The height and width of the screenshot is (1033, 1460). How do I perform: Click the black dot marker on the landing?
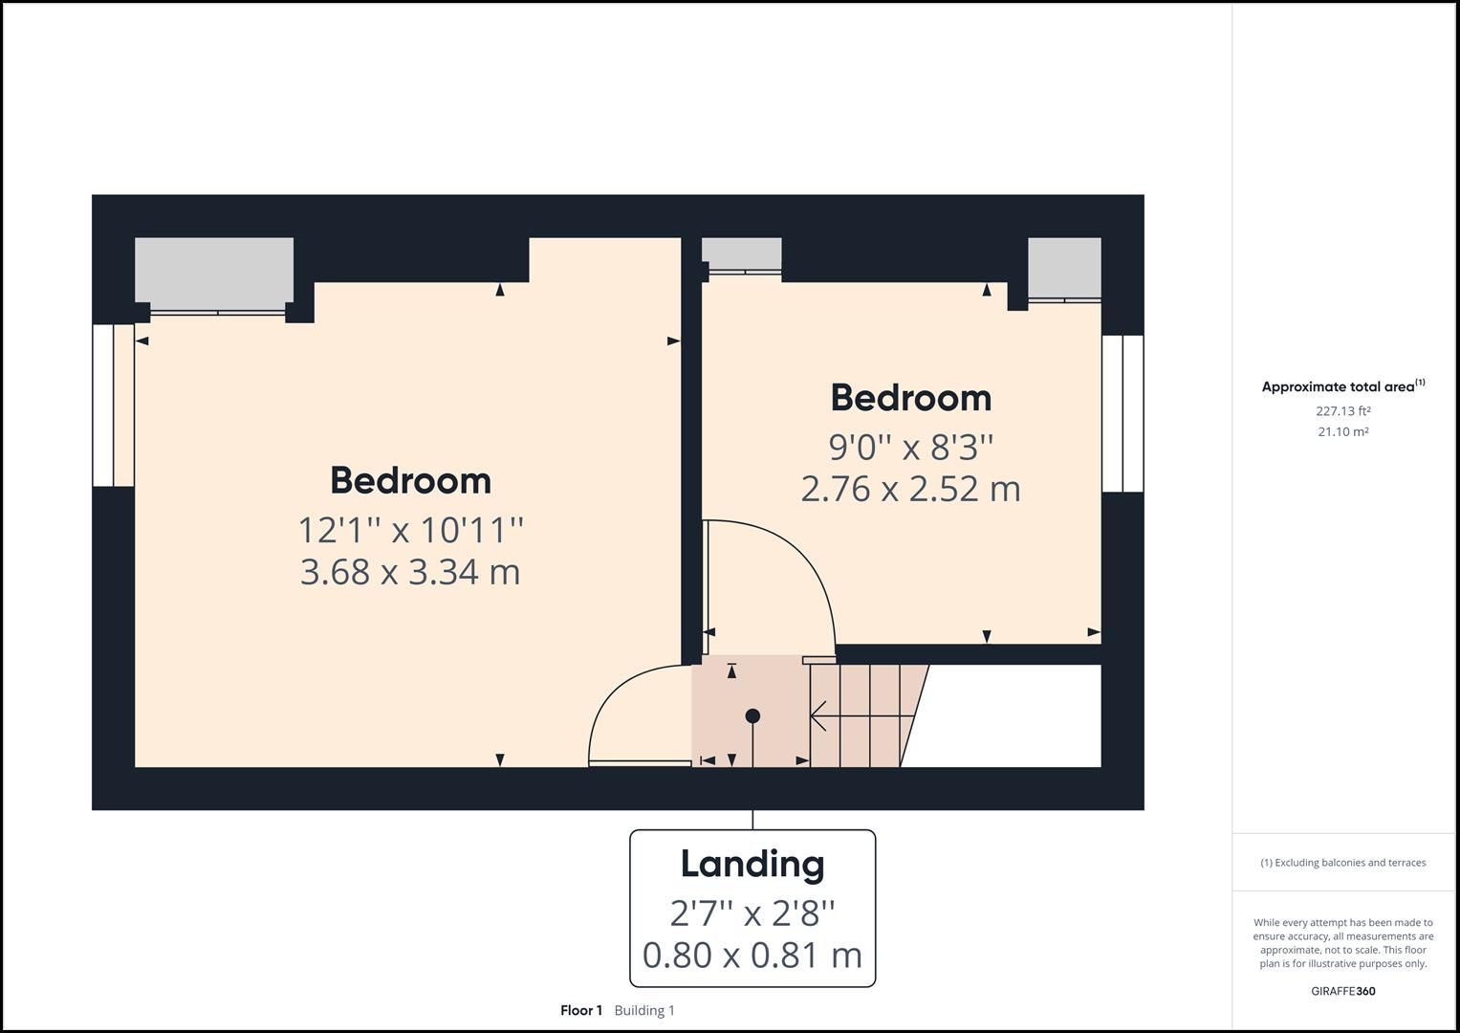tap(752, 715)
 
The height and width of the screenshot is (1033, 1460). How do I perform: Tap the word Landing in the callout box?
tap(752, 864)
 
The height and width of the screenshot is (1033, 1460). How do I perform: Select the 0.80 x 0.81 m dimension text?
tap(752, 955)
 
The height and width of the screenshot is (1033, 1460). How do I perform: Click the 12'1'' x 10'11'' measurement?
tap(410, 529)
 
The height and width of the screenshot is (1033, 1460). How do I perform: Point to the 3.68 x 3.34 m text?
tap(410, 572)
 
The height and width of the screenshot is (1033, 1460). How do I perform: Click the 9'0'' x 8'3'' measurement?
tap(910, 446)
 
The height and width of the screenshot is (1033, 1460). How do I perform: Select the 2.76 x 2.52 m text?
tap(910, 489)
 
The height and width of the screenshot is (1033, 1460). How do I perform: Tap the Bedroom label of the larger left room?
tap(410, 480)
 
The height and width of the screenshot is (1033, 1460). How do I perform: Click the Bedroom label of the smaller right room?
tap(910, 398)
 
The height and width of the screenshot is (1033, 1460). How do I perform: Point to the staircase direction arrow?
tap(820, 714)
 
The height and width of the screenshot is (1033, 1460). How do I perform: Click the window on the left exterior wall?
tap(113, 405)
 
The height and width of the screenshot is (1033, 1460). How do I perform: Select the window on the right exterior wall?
tap(1122, 412)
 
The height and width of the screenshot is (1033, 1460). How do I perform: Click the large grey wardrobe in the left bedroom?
tap(213, 273)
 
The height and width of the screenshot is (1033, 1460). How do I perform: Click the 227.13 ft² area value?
tap(1342, 411)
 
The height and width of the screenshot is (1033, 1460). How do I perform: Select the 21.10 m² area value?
tap(1342, 431)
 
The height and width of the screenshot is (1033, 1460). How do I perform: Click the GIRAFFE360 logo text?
tap(1342, 991)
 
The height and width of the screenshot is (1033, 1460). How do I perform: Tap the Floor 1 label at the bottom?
tap(581, 1010)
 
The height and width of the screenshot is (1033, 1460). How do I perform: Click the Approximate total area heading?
tap(1338, 387)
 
